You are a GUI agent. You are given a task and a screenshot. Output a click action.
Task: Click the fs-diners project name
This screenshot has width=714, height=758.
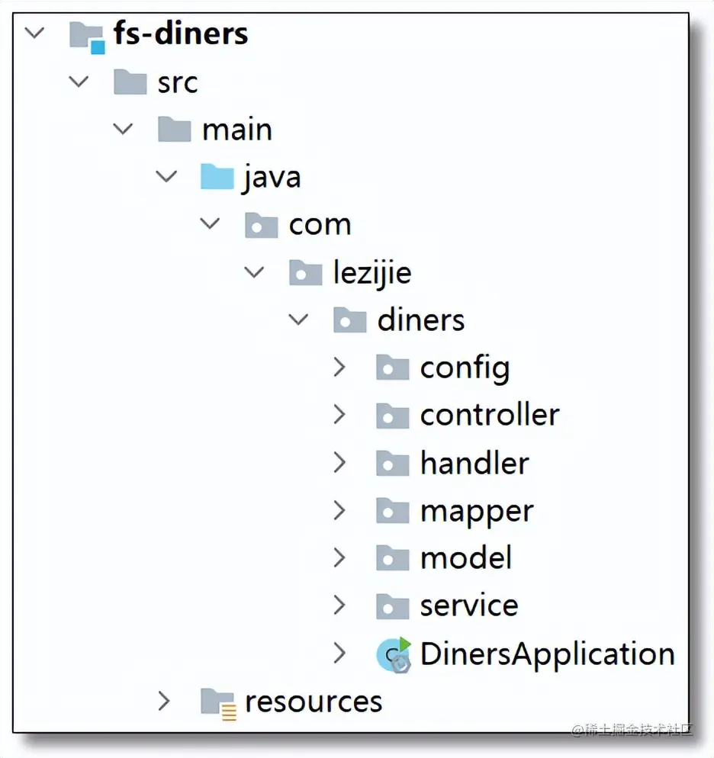pos(181,34)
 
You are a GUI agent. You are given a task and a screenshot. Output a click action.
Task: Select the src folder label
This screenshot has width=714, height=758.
pos(178,82)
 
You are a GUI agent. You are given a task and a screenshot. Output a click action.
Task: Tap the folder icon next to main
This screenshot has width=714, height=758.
pos(174,130)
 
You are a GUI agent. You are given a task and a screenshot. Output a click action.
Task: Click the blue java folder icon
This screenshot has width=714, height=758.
pos(217,178)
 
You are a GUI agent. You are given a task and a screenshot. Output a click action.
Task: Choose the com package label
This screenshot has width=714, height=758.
pos(320,225)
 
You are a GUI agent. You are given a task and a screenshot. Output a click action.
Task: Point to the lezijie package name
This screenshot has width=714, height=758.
pos(371,273)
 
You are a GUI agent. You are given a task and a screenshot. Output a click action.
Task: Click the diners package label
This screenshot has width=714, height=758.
pos(420,320)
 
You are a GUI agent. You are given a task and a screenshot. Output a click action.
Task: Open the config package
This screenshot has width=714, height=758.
pos(465,368)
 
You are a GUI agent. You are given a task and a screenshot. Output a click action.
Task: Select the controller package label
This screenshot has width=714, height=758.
pos(489,416)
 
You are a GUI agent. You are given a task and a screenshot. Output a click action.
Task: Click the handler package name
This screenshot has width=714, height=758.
pos(474,464)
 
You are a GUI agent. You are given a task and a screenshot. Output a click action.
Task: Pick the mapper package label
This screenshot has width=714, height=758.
pos(477,511)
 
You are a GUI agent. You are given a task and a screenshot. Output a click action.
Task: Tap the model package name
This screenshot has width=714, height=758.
pos(465,558)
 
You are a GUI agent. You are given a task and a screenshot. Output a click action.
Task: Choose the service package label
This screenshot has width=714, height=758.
pos(469,606)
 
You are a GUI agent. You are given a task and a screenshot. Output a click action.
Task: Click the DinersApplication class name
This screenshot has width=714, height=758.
pos(547,654)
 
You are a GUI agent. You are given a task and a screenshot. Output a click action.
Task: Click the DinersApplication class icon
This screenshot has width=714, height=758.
pos(394,655)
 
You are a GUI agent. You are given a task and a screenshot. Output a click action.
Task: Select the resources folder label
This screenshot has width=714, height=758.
pos(313,702)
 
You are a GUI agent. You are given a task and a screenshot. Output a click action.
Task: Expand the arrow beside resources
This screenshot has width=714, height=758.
pos(164,702)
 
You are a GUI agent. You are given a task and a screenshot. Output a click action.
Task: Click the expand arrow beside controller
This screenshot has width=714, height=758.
pos(339,416)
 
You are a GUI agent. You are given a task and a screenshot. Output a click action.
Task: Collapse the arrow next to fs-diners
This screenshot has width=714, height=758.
pos(34,34)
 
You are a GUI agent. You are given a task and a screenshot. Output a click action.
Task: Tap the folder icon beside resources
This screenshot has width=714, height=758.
pos(217,702)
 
